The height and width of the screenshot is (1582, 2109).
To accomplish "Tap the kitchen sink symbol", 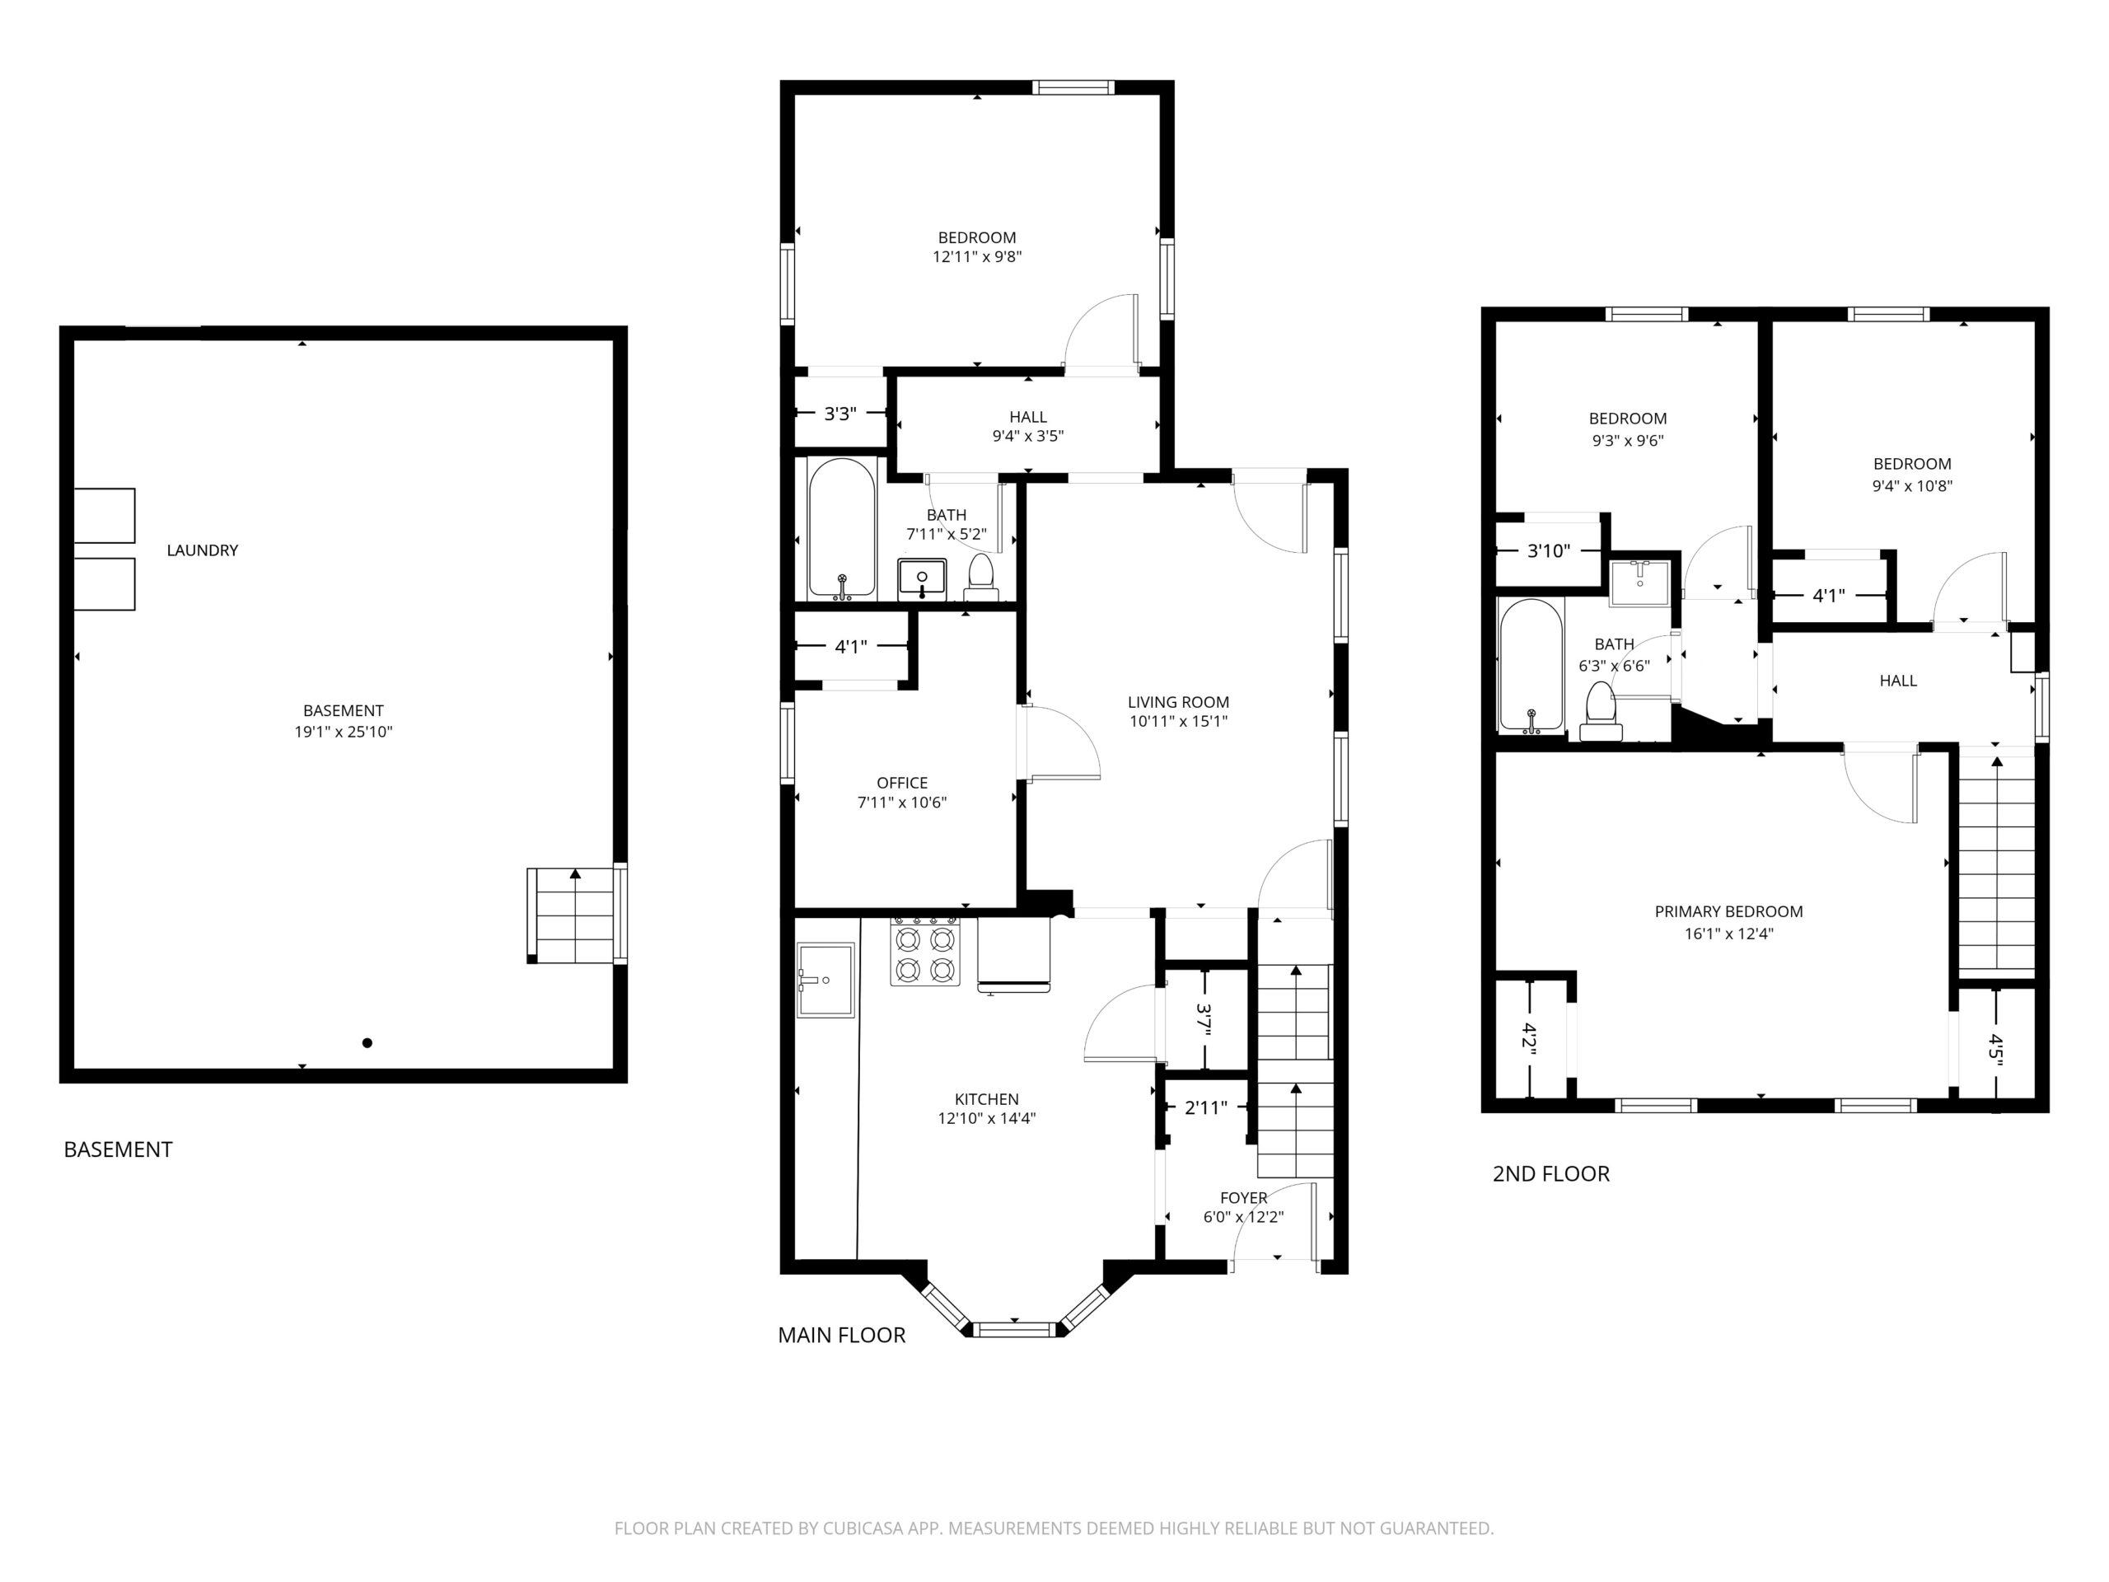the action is pos(825,981).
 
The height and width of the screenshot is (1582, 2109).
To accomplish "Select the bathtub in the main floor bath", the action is pos(842,528).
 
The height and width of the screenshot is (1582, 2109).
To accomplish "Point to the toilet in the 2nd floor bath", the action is pos(1600,710).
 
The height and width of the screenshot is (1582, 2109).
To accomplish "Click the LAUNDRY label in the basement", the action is pos(202,550).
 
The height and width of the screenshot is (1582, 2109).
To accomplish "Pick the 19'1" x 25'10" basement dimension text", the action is pos(344,732).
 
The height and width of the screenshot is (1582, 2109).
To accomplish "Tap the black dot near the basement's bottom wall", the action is pos(367,1043).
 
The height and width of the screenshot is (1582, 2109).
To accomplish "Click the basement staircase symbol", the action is pos(575,915).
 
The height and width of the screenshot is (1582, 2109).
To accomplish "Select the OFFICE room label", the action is pos(902,783).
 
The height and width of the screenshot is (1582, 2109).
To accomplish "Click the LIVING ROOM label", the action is pos(1178,702).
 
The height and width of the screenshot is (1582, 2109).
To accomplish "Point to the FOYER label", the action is pos(1243,1198).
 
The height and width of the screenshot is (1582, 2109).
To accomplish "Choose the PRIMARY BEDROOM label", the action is pos(1728,911).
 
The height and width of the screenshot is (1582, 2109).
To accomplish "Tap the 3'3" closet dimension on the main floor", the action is pos(840,414).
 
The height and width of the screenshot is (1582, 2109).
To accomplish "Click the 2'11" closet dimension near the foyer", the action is pos(1205,1108).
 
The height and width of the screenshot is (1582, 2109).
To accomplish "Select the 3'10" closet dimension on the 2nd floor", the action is pos(1548,550).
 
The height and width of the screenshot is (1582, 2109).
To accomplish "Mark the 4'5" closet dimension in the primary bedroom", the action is pos(1994,1047).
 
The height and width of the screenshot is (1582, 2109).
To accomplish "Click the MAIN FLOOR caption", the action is pos(842,1335).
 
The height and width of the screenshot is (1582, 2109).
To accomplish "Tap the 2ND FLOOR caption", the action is pos(1551,1174).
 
